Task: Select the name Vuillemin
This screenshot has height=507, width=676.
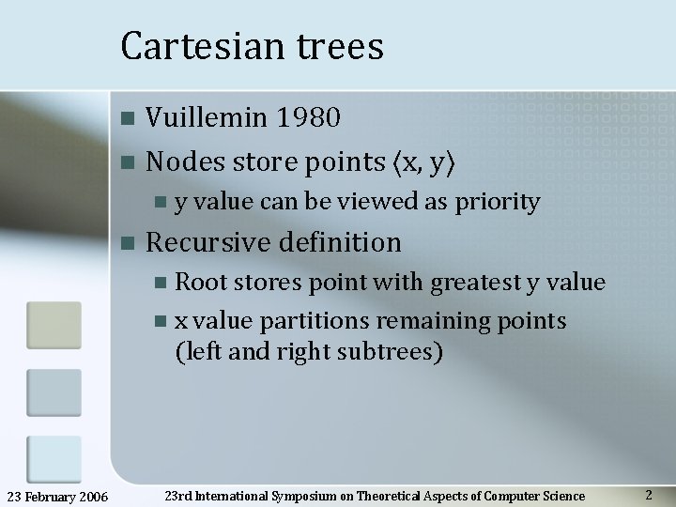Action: click(206, 117)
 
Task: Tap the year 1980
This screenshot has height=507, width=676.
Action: click(308, 117)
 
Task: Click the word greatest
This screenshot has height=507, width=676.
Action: click(466, 282)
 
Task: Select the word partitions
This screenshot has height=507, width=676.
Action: click(313, 321)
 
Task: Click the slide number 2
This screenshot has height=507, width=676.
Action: click(649, 494)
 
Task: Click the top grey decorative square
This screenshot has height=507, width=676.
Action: click(54, 325)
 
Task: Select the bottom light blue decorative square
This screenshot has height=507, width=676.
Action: click(54, 459)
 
